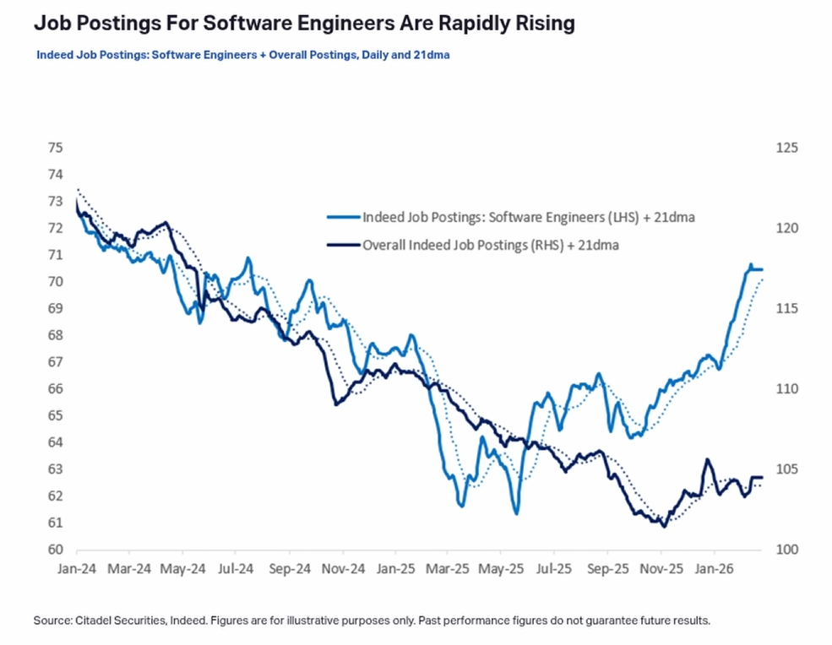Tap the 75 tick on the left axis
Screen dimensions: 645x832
56,148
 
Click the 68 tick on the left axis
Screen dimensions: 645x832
56,335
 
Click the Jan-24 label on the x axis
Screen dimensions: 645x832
77,570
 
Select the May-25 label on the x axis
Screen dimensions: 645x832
501,570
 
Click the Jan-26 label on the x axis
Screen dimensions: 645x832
714,570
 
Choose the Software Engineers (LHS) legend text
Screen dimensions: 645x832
529,217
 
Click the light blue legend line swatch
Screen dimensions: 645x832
341,217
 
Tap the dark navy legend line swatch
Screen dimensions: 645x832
341,246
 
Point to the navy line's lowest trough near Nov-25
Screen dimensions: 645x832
664,527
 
